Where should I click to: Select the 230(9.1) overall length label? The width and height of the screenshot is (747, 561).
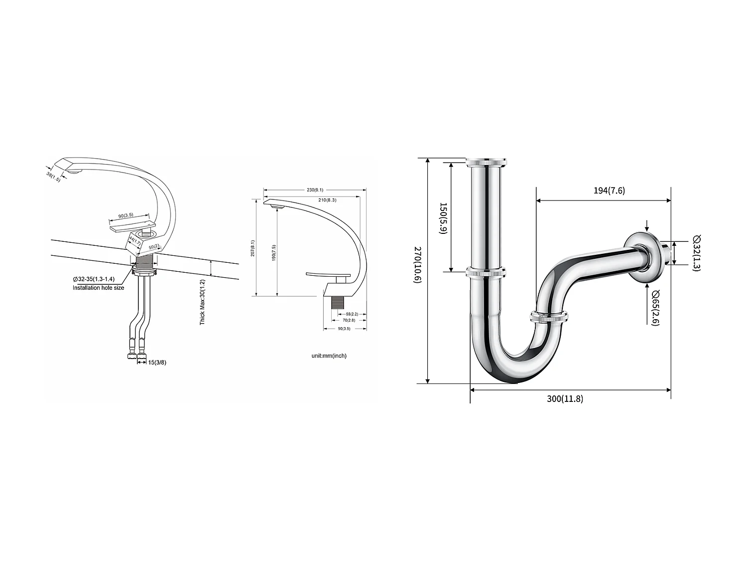pyautogui.click(x=315, y=189)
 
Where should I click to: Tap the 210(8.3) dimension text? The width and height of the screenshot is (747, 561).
pyautogui.click(x=327, y=199)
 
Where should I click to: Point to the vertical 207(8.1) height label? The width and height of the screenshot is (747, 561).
pyautogui.click(x=252, y=248)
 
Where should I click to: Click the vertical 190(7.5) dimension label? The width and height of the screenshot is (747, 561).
pyautogui.click(x=273, y=252)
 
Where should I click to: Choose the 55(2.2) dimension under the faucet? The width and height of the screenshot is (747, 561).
pyautogui.click(x=351, y=314)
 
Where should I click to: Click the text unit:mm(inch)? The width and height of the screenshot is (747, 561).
pyautogui.click(x=329, y=356)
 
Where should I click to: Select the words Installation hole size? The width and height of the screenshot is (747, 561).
pyautogui.click(x=98, y=288)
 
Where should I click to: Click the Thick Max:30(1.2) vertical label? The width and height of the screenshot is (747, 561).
pyautogui.click(x=203, y=302)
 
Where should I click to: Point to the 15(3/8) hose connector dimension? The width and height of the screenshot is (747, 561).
pyautogui.click(x=157, y=362)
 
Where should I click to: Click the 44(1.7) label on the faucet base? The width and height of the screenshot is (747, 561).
pyautogui.click(x=132, y=242)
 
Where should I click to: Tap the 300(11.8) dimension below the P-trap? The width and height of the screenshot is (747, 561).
pyautogui.click(x=565, y=398)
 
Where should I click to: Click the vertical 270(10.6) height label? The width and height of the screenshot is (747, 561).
pyautogui.click(x=417, y=265)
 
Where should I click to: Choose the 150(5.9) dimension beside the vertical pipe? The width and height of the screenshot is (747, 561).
pyautogui.click(x=443, y=218)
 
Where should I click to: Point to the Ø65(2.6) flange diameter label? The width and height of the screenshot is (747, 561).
pyautogui.click(x=655, y=307)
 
